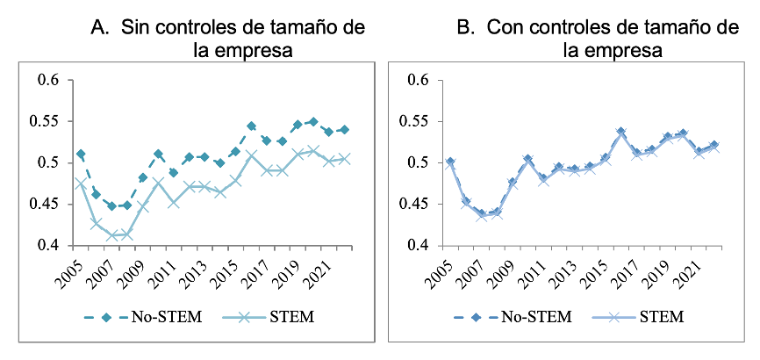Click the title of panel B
[x=598, y=39]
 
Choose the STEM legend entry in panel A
[x=269, y=315]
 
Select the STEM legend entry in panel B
[x=638, y=315]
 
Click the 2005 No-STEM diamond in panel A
[x=81, y=155]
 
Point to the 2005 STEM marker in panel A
[x=81, y=184]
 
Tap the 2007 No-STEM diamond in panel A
[x=111, y=206]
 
